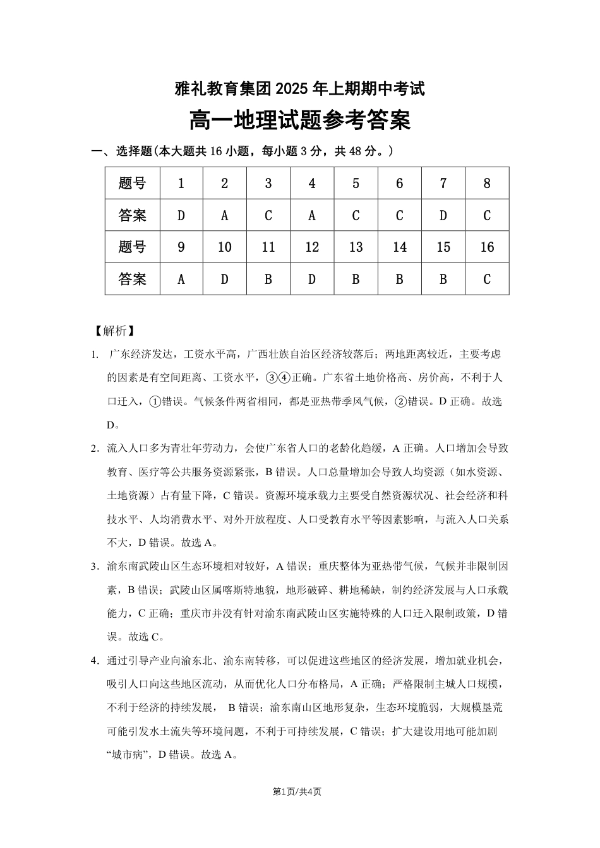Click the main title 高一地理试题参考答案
[300, 120]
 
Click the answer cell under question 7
[443, 216]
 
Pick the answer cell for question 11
[268, 279]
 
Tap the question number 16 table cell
[487, 247]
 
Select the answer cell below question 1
[181, 216]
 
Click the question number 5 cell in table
[356, 184]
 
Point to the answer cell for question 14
[399, 279]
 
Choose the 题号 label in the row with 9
[133, 247]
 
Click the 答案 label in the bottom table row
[133, 279]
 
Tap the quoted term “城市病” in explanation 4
[128, 754]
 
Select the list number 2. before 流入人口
[95, 448]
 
